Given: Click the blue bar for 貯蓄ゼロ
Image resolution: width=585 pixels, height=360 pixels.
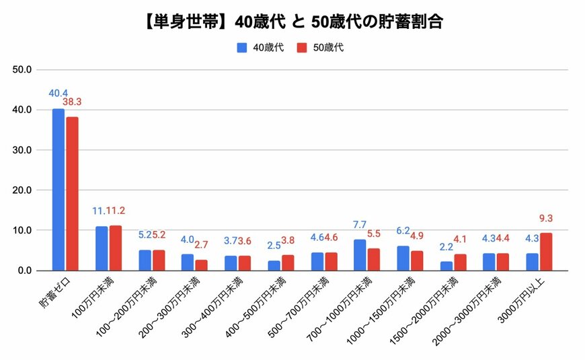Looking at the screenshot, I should [58, 190].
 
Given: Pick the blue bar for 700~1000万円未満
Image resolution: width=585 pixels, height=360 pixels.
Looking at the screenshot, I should [360, 255].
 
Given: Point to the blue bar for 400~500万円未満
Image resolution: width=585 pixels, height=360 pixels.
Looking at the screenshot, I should [274, 265].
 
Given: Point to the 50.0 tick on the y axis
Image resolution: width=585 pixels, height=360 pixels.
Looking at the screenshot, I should [22, 69].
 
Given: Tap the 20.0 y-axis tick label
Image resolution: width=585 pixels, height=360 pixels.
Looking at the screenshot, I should [22, 190].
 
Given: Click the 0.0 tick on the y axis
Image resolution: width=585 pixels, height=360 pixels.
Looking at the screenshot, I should [25, 271].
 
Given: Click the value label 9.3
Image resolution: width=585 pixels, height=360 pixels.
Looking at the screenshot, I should [545, 218].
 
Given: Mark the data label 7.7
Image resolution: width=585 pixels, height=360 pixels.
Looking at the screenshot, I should [360, 224].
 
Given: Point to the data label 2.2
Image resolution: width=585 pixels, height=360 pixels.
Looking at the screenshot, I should [446, 246].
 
